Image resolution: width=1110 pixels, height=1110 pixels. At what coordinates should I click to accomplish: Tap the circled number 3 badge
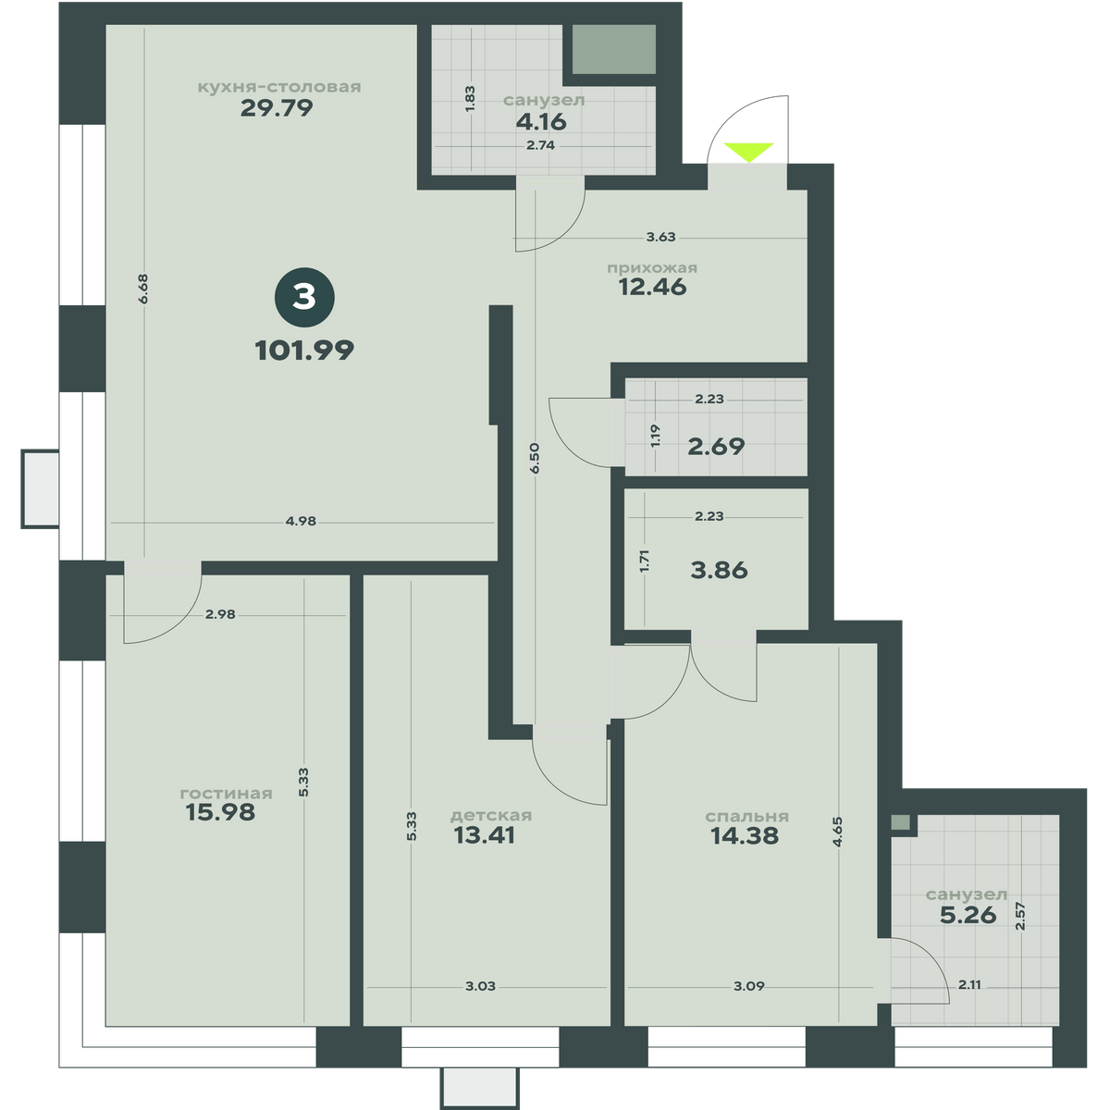pos(304,298)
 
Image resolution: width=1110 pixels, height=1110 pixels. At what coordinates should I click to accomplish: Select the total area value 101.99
pos(304,351)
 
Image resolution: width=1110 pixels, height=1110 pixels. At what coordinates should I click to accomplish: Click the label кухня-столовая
pos(279,87)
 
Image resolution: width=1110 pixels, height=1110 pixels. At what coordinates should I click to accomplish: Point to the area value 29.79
pos(277,107)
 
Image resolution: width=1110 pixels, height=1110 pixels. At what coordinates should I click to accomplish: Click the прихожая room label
pos(652,268)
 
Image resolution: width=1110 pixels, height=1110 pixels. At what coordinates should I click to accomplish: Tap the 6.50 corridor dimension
pos(536,458)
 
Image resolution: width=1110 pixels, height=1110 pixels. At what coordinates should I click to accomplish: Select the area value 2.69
pos(717,447)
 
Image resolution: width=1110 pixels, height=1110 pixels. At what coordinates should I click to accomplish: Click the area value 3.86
pos(719,571)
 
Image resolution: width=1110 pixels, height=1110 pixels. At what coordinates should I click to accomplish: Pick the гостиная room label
pos(226,794)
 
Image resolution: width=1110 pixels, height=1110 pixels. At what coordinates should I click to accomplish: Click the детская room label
pos(491,816)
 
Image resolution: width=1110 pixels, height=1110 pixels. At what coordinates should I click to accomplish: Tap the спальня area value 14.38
pos(745,836)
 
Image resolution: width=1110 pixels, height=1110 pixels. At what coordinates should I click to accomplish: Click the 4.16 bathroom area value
pos(541,122)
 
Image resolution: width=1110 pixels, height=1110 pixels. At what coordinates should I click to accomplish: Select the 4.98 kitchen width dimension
pos(301,522)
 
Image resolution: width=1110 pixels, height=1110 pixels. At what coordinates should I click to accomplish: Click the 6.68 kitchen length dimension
pos(143,289)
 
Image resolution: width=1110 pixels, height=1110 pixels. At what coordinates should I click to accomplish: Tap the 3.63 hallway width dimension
pos(660,237)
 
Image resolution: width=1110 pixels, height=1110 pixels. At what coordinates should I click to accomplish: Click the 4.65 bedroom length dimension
pos(837,832)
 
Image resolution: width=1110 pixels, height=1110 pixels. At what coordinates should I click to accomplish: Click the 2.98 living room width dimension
pos(220,614)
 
